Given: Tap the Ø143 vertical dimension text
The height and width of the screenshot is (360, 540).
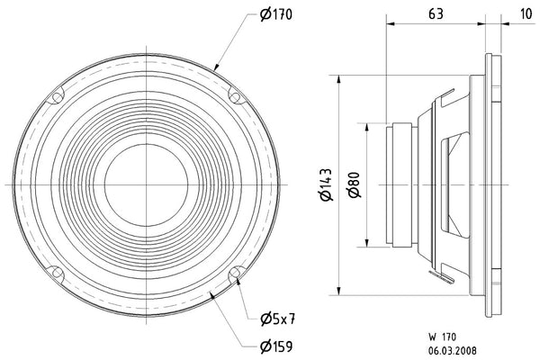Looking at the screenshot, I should click(x=328, y=184).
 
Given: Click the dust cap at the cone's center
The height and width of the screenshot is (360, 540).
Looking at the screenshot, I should click(x=146, y=184).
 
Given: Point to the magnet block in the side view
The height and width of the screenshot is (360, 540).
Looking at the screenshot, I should click(x=400, y=184).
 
